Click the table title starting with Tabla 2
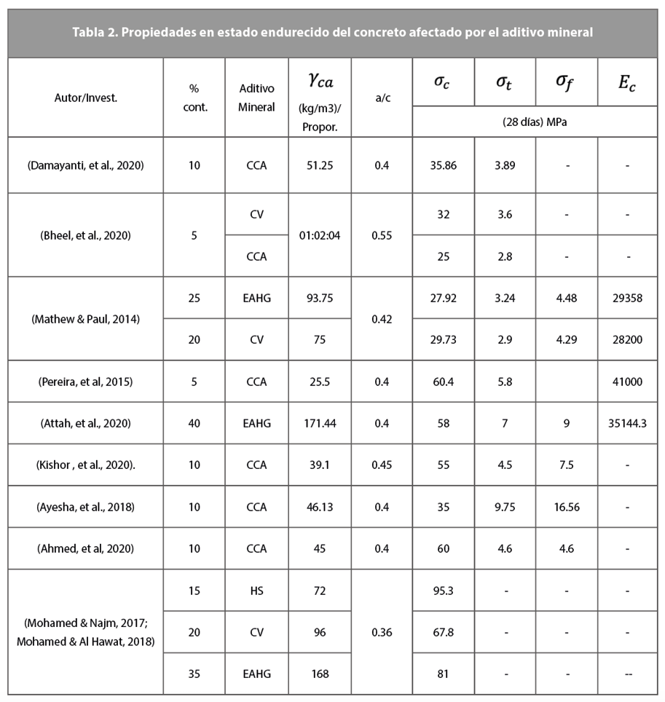point(332,32)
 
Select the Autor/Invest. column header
point(85,97)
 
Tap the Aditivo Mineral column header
point(256,97)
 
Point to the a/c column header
point(382,97)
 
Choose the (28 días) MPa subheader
point(535,122)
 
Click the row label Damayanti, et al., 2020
point(85,165)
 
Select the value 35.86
point(444,165)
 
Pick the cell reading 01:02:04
point(320,235)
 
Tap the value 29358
point(628,298)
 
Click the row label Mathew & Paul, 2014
point(85,318)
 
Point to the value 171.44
point(320,423)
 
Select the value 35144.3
point(628,423)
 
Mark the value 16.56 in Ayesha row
point(567,507)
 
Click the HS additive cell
point(256,590)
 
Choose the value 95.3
point(444,590)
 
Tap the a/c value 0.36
point(382,632)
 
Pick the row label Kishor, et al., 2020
point(85,465)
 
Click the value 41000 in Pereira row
point(628,381)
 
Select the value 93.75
point(320,298)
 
